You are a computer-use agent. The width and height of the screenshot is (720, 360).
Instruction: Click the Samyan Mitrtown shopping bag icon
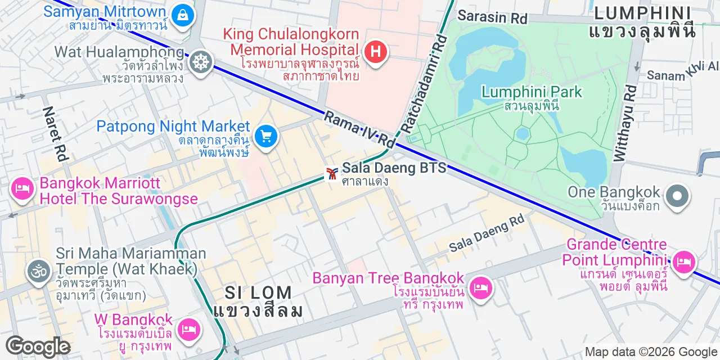pyautogui.click(x=183, y=15)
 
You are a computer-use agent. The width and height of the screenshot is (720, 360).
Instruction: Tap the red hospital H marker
pyautogui.click(x=376, y=52)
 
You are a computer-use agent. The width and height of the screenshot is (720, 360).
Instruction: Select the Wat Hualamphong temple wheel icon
pyautogui.click(x=200, y=62)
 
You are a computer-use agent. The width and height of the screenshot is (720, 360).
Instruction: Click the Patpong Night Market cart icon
pyautogui.click(x=265, y=136)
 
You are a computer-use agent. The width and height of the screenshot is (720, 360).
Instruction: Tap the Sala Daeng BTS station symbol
pyautogui.click(x=332, y=173)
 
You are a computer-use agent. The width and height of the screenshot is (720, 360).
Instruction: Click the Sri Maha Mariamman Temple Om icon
pyautogui.click(x=39, y=272)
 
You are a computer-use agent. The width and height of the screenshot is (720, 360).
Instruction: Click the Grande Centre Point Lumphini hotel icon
pyautogui.click(x=683, y=262)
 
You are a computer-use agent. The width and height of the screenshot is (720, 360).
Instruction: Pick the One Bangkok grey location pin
pyautogui.click(x=677, y=197)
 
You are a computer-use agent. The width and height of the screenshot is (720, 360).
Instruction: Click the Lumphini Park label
pyautogui.click(x=532, y=92)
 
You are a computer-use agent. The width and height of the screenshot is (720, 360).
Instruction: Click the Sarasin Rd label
pyautogui.click(x=492, y=16)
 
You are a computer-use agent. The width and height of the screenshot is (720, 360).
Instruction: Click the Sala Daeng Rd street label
pyautogui.click(x=487, y=233)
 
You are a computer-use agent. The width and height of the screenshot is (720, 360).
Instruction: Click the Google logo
pyautogui.click(x=38, y=347)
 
